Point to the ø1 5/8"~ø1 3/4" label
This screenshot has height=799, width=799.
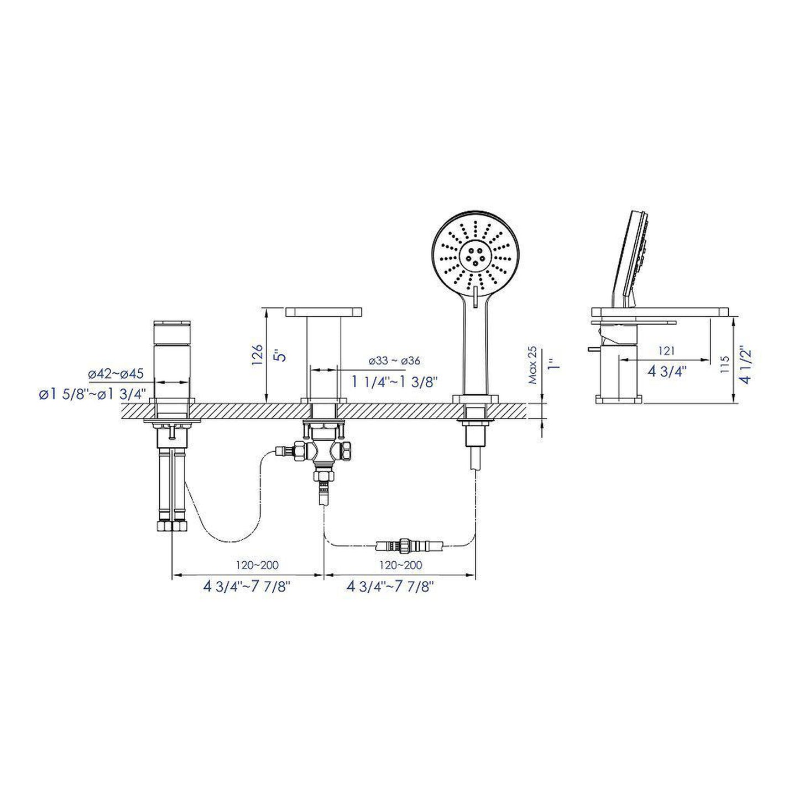tap(92, 394)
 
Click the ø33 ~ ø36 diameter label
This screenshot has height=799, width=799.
tap(394, 361)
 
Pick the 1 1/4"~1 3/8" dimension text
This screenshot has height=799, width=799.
tap(395, 381)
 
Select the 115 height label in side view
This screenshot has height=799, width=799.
tap(725, 365)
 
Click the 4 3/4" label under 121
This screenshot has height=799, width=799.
tap(667, 371)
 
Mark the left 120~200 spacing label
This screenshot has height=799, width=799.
tap(258, 565)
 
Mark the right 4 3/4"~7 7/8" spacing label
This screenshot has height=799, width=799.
tap(390, 587)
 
